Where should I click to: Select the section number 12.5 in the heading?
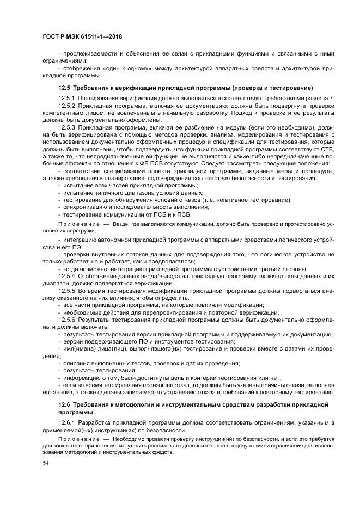click(64, 87)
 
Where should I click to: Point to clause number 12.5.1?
click(67, 97)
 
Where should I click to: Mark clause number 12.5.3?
click(67, 127)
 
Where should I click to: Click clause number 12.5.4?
click(67, 277)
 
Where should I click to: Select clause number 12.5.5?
click(67, 292)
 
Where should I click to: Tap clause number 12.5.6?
click(67, 320)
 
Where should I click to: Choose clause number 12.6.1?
click(67, 422)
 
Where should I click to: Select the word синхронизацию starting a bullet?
click(83, 207)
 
